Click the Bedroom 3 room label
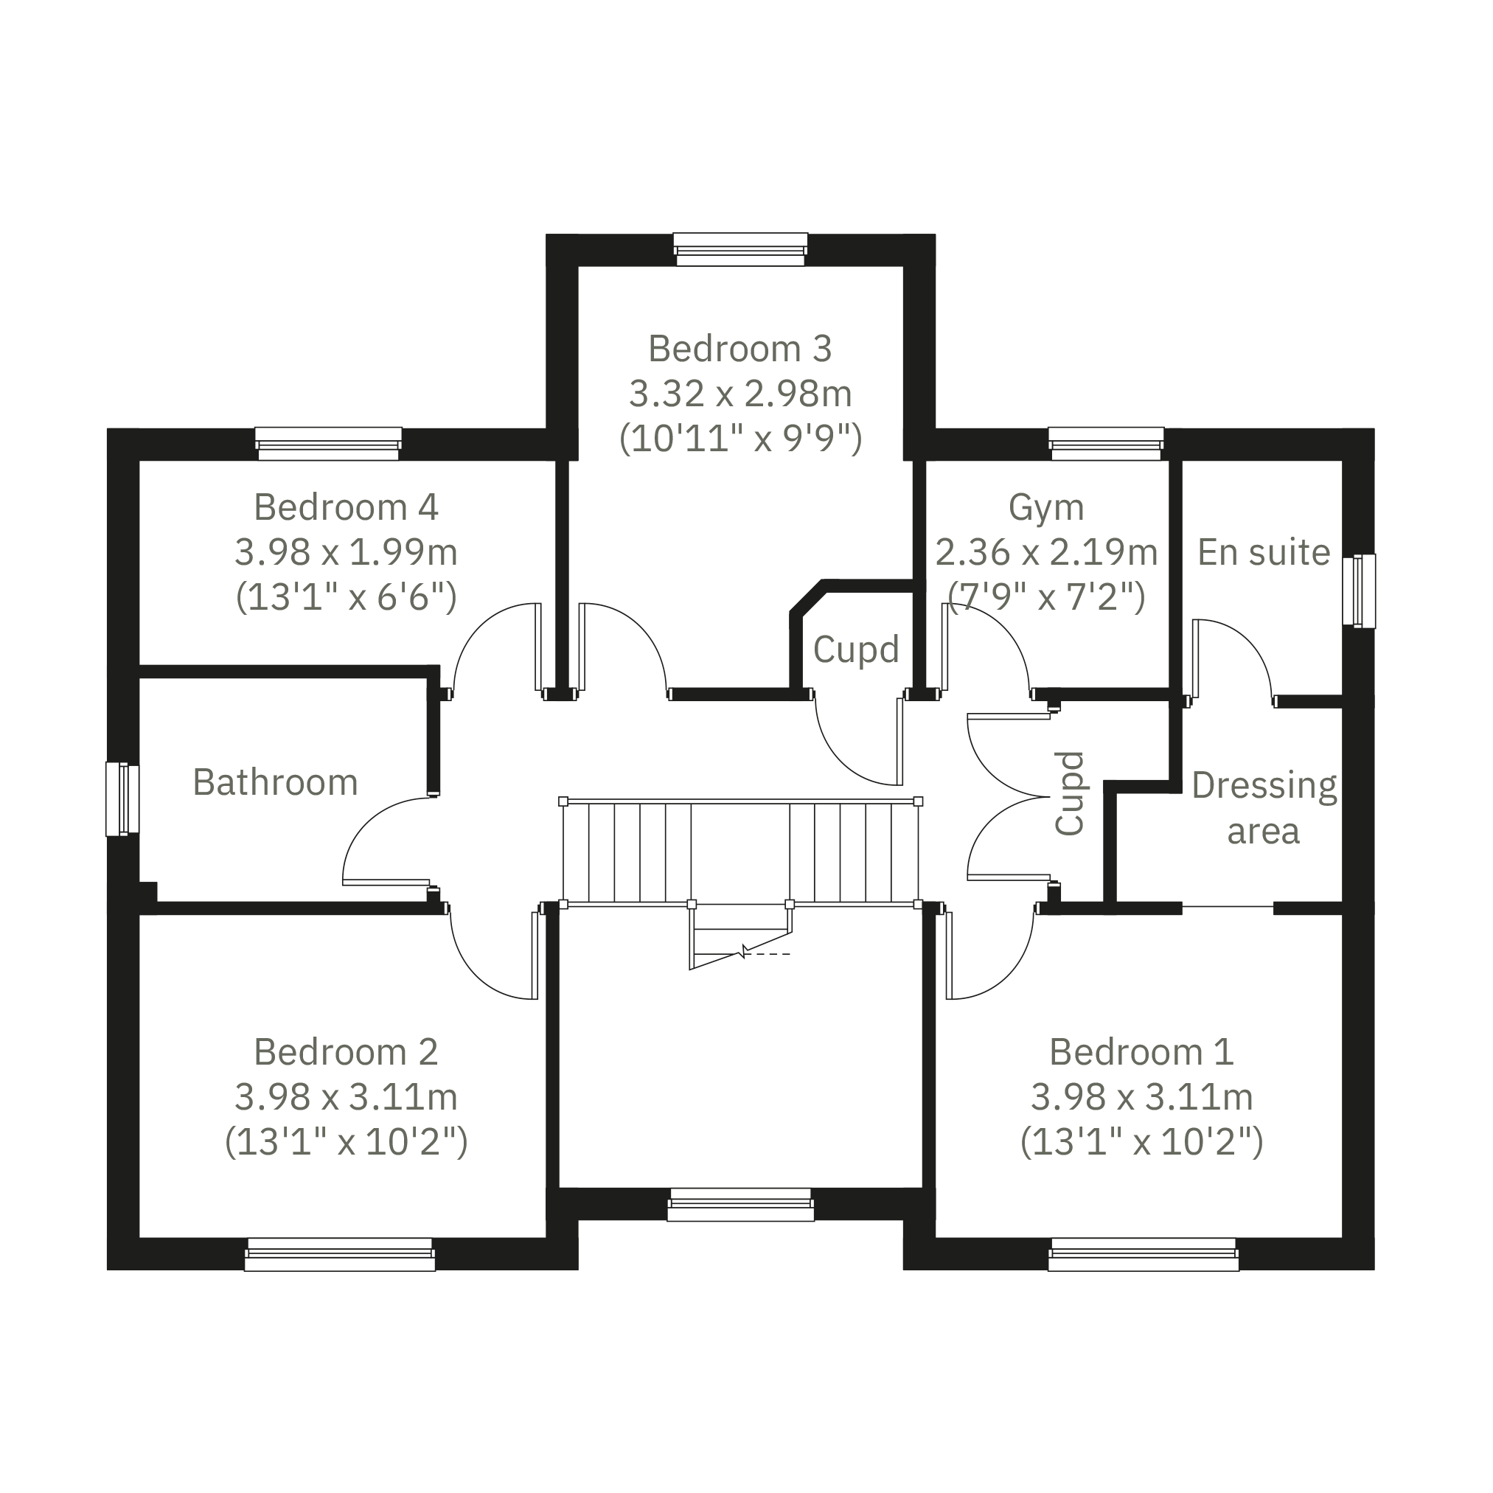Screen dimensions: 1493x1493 click(739, 349)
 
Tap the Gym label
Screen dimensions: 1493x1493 click(1046, 508)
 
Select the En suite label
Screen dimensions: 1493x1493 click(1264, 551)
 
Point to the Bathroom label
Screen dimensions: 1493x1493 click(275, 782)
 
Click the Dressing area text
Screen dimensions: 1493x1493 click(1264, 808)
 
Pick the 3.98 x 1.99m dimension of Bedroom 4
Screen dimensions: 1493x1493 click(347, 552)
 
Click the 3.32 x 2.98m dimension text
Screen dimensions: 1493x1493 click(739, 394)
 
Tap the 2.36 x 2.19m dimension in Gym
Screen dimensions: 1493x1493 click(1046, 552)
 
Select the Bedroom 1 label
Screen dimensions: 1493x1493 click(1141, 1052)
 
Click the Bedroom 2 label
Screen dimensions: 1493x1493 click(347, 1052)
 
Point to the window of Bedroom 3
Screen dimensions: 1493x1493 click(740, 249)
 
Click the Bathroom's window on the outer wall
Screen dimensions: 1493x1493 click(122, 799)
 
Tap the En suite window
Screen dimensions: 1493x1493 click(1360, 591)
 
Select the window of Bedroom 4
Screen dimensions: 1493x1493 click(328, 444)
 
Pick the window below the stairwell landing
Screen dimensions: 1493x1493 click(740, 1205)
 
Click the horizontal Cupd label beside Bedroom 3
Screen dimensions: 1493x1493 click(856, 649)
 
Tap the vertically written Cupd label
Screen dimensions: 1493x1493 click(1071, 793)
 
